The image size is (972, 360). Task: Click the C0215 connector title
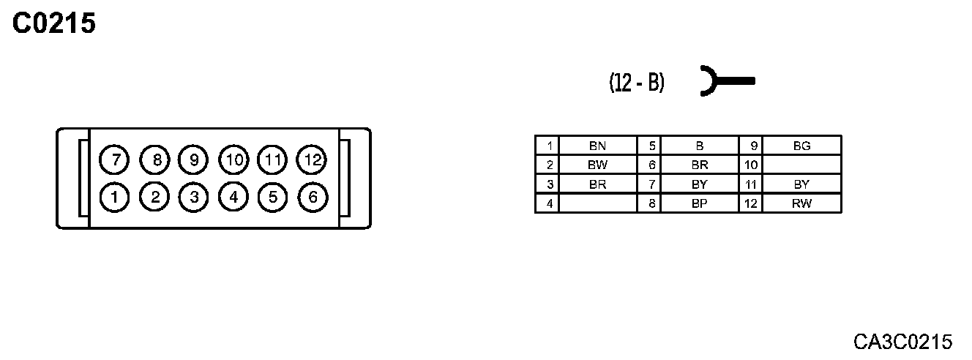pyautogui.click(x=54, y=24)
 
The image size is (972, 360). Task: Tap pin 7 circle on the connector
pyautogui.click(x=115, y=159)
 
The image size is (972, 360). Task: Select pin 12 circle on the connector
pyautogui.click(x=311, y=159)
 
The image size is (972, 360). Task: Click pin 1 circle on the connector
pyautogui.click(x=115, y=196)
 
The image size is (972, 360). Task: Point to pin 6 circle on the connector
pyautogui.click(x=312, y=196)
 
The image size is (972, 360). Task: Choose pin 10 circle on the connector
pyautogui.click(x=233, y=159)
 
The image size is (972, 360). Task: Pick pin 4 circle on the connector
pyautogui.click(x=233, y=196)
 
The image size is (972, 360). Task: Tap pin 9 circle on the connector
pyautogui.click(x=194, y=159)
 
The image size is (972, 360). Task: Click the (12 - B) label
pyautogui.click(x=637, y=83)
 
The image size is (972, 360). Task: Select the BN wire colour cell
pyautogui.click(x=597, y=146)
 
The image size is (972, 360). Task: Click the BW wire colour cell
pyautogui.click(x=597, y=165)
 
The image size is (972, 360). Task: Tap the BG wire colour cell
pyautogui.click(x=801, y=146)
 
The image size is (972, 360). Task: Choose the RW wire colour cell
pyautogui.click(x=801, y=204)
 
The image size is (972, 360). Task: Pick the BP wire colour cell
pyautogui.click(x=699, y=204)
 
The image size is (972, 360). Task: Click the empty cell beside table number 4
pyautogui.click(x=597, y=204)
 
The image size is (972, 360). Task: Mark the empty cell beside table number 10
pyautogui.click(x=801, y=165)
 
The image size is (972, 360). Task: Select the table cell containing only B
pyautogui.click(x=699, y=146)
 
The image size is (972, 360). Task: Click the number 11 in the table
pyautogui.click(x=750, y=184)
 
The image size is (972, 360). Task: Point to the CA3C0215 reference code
pyautogui.click(x=902, y=342)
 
